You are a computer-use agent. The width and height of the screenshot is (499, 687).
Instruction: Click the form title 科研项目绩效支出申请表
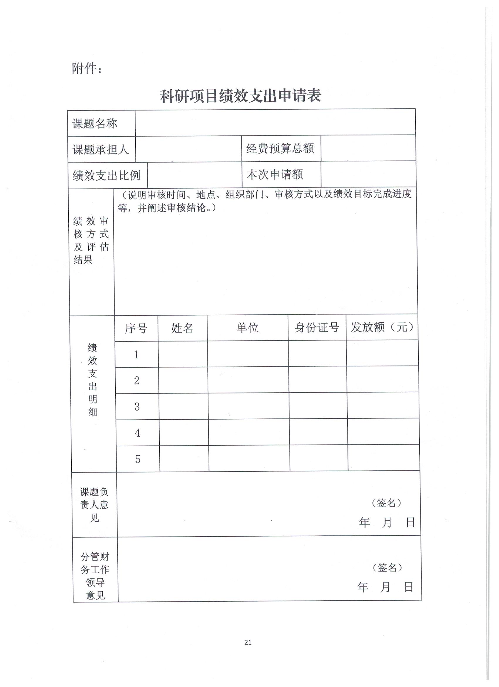240,96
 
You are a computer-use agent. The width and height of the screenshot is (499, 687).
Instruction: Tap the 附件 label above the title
87,69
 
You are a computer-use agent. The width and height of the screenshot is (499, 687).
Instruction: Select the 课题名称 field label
95,123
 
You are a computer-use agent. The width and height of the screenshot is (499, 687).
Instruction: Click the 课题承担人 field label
100,149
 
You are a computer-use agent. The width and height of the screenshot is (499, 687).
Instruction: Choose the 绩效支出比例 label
107,175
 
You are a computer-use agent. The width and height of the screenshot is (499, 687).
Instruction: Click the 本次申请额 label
275,175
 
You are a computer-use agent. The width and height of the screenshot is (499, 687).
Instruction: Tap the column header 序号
136,328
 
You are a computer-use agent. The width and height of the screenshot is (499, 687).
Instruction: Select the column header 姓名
182,328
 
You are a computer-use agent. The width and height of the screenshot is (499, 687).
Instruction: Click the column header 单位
247,327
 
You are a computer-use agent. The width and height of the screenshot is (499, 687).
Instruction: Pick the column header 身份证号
316,327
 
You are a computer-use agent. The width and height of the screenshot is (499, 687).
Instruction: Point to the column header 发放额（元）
382,327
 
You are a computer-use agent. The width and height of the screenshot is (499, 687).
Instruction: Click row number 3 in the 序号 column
137,406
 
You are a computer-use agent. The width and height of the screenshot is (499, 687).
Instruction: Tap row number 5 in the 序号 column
138,459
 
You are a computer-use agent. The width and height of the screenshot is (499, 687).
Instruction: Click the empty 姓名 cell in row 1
183,354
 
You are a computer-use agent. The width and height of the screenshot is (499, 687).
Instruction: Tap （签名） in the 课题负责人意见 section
386,503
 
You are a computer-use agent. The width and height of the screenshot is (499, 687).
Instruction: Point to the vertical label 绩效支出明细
92,380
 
